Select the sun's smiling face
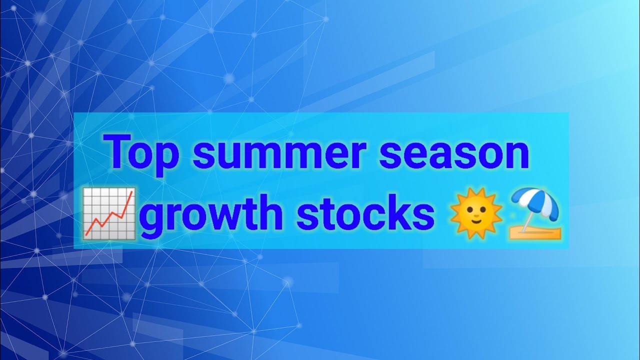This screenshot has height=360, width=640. [475, 214]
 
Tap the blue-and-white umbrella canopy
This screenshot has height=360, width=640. [535, 202]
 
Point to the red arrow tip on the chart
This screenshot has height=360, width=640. [131, 192]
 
